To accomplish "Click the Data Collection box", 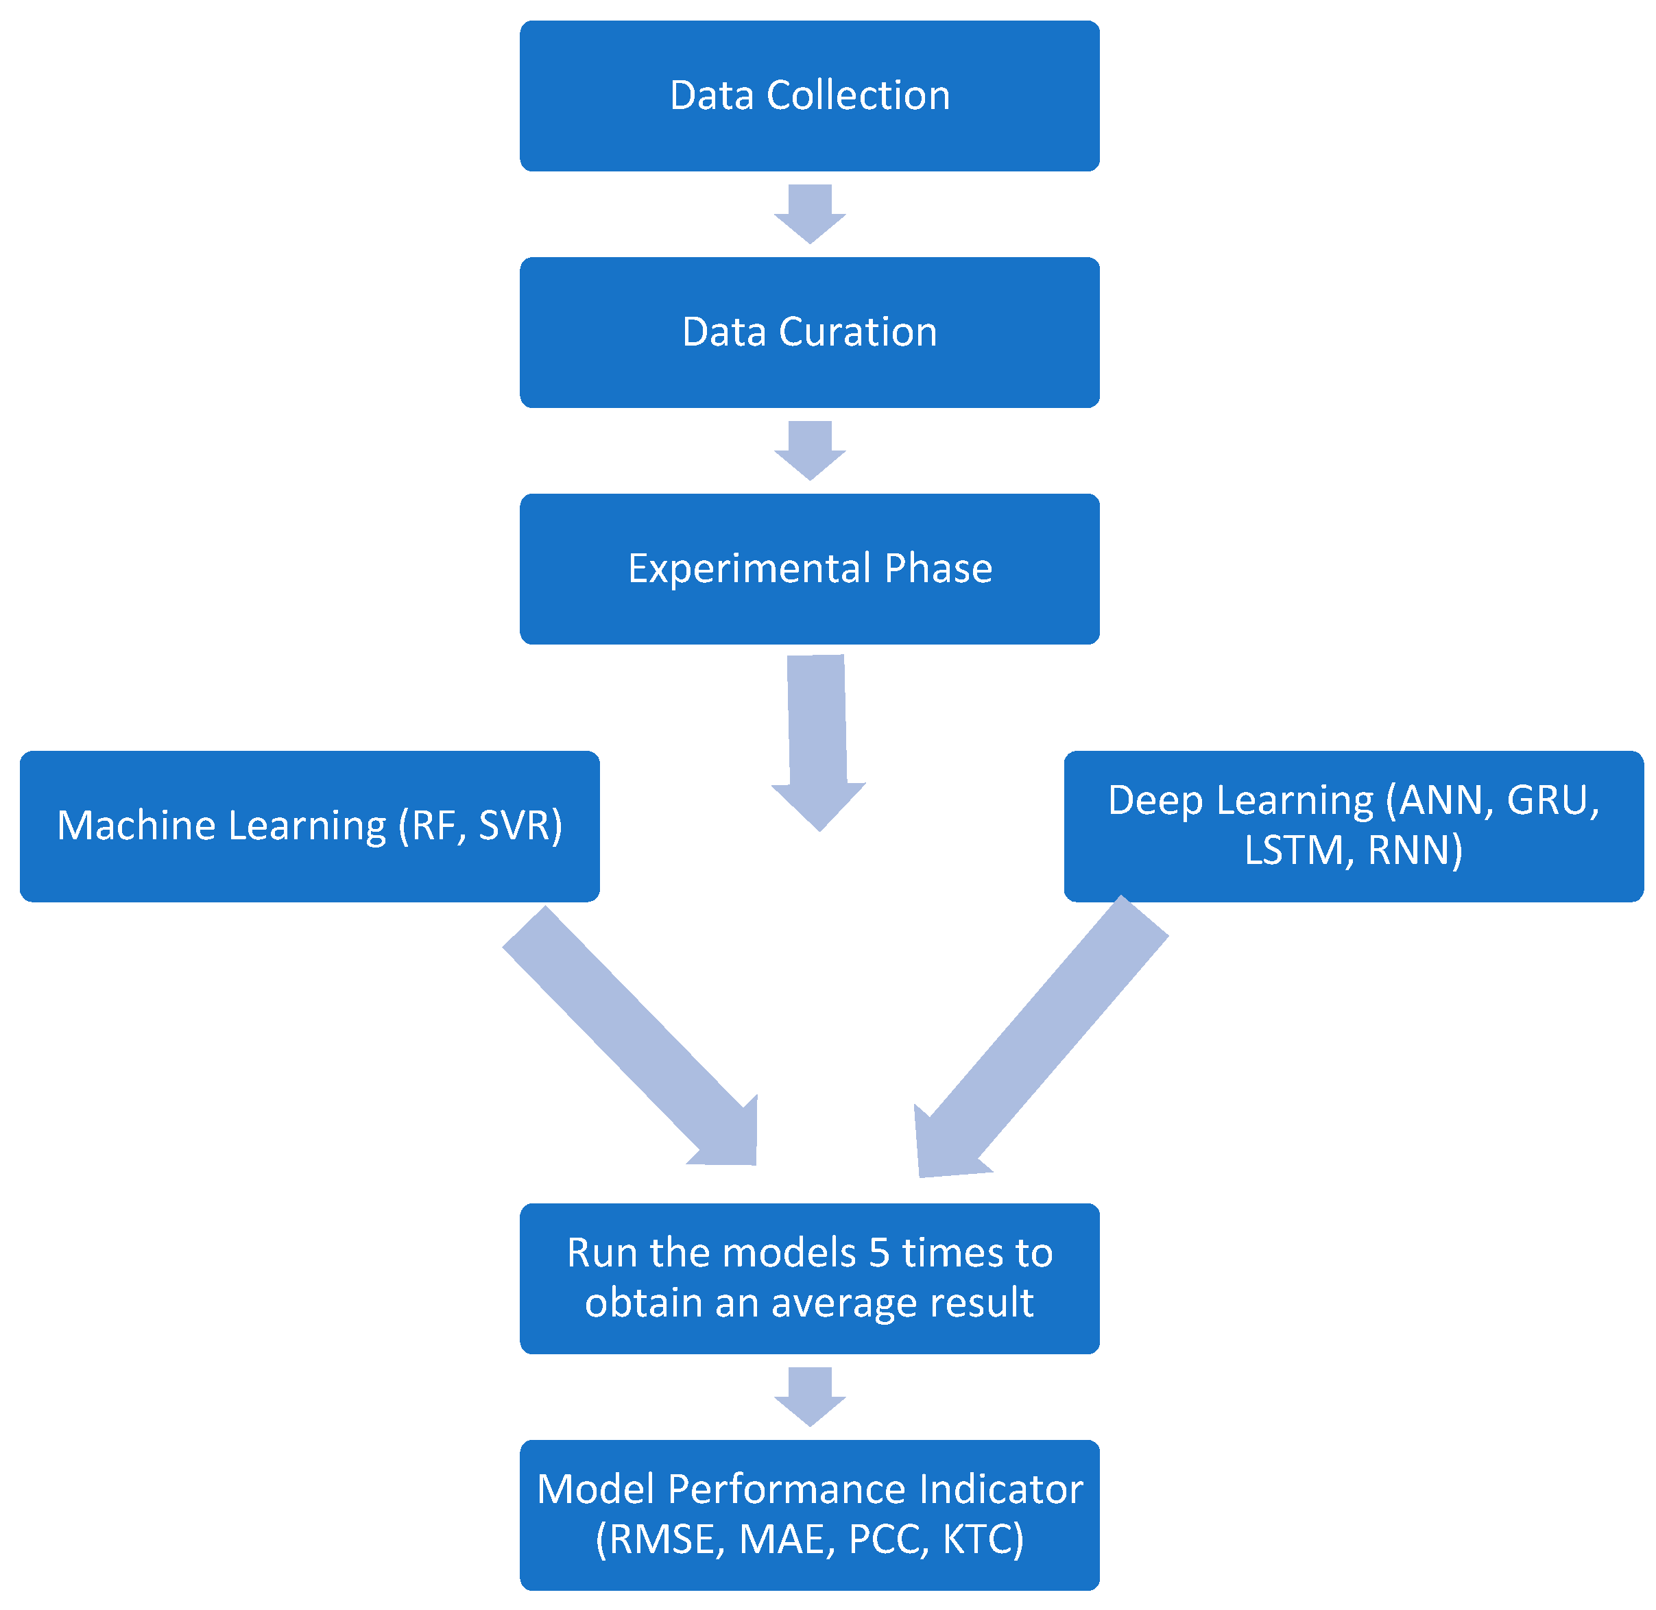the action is point(809,95).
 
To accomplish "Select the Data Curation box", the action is point(809,333).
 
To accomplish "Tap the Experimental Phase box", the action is point(809,569).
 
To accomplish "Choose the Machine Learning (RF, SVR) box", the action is point(309,826).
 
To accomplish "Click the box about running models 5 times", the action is point(809,1279).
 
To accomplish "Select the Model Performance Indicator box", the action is point(809,1515).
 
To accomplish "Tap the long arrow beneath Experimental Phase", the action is point(818,743).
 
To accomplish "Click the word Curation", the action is point(858,333).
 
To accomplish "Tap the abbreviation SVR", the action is point(514,826).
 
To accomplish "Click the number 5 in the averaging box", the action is point(880,1254).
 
